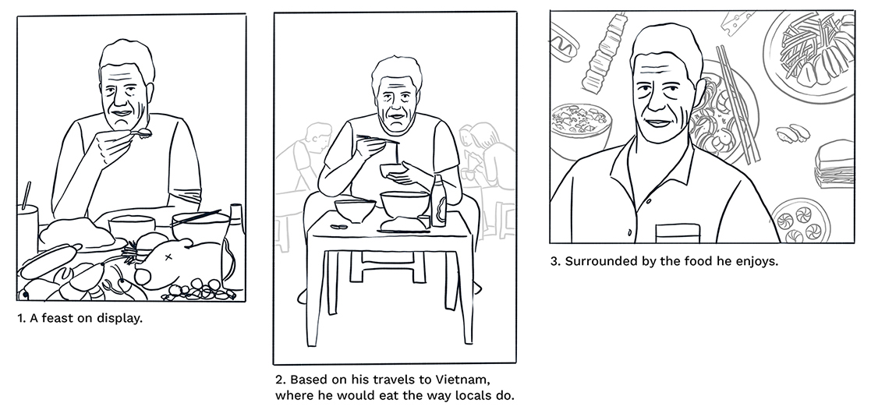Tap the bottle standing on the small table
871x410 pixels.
(438, 200)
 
